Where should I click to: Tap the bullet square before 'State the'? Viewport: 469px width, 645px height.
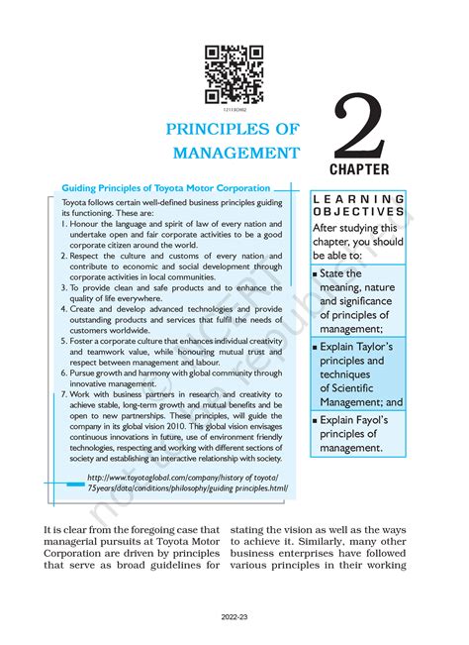tap(315, 273)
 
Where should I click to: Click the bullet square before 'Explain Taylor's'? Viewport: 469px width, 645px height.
tap(315, 348)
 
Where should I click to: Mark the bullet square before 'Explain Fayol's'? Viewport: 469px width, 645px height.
tap(315, 420)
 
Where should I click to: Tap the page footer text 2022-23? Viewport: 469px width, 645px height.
tap(234, 615)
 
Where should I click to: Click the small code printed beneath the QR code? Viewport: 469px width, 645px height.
tap(234, 108)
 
